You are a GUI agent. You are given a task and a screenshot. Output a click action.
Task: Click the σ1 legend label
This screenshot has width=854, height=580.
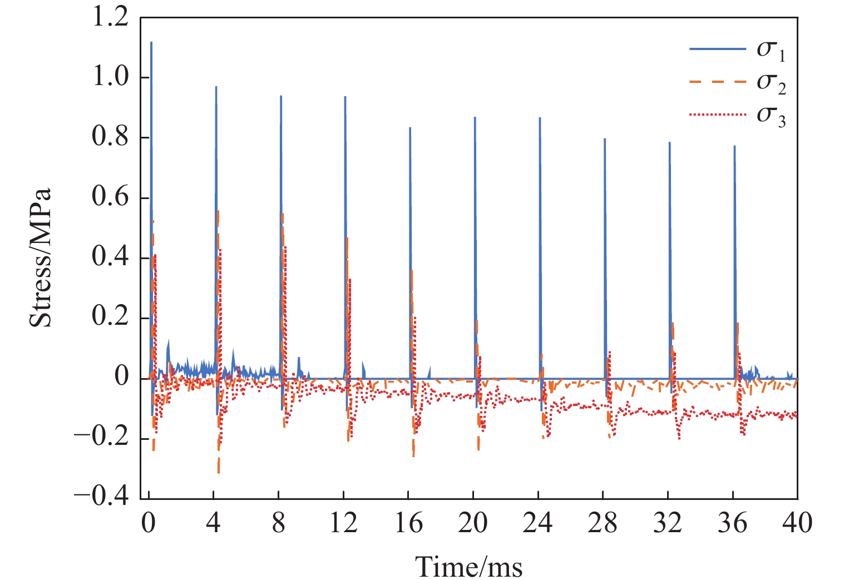(771, 49)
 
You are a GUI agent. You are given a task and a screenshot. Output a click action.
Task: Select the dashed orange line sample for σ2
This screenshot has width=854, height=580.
(717, 82)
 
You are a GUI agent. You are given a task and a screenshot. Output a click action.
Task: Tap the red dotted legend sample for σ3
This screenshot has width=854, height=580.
(717, 115)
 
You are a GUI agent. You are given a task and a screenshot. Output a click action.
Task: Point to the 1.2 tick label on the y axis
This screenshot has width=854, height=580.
(110, 18)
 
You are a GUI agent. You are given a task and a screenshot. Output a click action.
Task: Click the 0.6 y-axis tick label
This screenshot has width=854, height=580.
(110, 197)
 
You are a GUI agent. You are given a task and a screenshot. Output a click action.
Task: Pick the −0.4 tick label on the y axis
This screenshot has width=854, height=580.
(101, 497)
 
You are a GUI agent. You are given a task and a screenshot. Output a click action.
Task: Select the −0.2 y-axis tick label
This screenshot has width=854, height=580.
(101, 437)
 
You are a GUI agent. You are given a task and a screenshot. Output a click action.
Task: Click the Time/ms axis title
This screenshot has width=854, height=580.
(468, 567)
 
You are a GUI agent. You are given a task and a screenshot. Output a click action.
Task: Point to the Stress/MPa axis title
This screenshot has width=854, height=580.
(40, 257)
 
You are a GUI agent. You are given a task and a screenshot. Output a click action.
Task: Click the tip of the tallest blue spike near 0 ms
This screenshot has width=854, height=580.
(151, 42)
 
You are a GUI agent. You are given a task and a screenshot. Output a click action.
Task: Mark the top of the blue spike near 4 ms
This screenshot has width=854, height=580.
(216, 87)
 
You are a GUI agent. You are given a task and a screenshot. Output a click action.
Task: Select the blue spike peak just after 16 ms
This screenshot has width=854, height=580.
(410, 128)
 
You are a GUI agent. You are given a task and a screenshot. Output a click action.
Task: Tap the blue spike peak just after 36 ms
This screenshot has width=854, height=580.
(734, 146)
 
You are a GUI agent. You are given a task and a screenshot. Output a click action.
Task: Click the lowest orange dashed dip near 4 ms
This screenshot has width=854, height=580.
(219, 473)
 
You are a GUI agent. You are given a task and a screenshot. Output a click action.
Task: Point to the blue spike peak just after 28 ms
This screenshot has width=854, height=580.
(605, 139)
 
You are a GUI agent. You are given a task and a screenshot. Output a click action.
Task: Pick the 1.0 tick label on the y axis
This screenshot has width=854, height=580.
(110, 77)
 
